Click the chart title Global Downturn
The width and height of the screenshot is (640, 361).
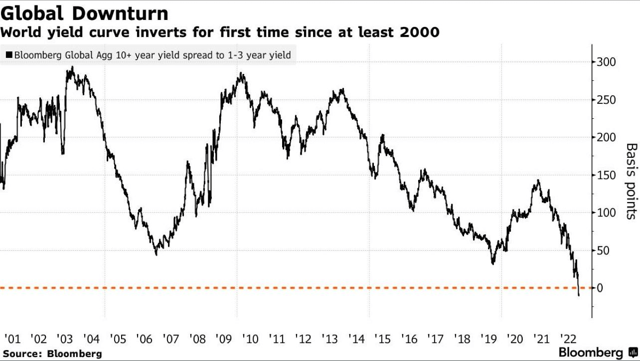point(84,12)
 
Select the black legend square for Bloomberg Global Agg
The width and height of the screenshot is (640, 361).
point(9,55)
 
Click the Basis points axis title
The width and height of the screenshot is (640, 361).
point(631,181)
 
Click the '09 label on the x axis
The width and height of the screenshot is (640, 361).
point(223,339)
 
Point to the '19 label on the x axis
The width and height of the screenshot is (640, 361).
point(488,339)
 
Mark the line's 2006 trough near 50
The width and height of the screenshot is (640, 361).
point(157,254)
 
